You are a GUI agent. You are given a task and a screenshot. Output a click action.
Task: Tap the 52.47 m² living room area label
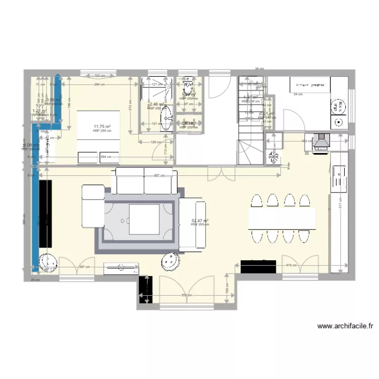(x=200, y=221)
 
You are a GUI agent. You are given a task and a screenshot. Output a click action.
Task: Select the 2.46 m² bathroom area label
(x=155, y=105)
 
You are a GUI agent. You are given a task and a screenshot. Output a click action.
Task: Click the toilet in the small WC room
(x=189, y=81)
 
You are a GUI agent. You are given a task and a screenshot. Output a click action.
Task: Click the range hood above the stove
(x=320, y=143)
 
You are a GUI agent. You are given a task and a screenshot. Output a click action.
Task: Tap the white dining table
(x=282, y=218)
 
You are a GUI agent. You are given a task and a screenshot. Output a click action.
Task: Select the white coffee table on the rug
(x=145, y=218)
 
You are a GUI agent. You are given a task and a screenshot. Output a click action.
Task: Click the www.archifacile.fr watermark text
(x=345, y=326)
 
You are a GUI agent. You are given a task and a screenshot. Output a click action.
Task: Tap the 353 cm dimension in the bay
(x=187, y=295)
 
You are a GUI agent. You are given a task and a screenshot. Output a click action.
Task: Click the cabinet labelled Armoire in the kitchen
(x=309, y=84)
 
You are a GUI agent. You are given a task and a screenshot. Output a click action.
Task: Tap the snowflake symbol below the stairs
(x=274, y=156)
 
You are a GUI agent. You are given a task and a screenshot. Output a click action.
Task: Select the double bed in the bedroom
(x=99, y=137)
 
